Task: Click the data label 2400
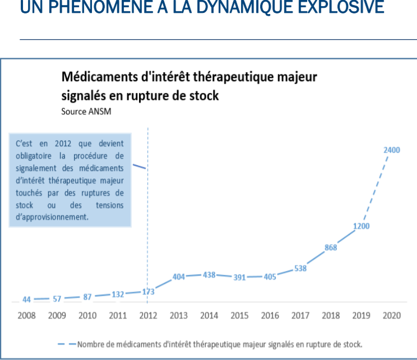pyautogui.click(x=392, y=150)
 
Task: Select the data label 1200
pyautogui.click(x=361, y=226)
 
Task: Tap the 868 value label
pyautogui.click(x=331, y=247)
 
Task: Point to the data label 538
pyautogui.click(x=300, y=268)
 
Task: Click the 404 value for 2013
pyautogui.click(x=179, y=277)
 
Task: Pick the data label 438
pyautogui.click(x=209, y=275)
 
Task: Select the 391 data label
pyautogui.click(x=239, y=278)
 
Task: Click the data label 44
pyautogui.click(x=26, y=299)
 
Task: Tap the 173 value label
pyautogui.click(x=148, y=292)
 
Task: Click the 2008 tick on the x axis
pyautogui.click(x=26, y=316)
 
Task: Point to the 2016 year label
pyautogui.click(x=270, y=316)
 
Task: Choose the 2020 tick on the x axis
pyautogui.click(x=391, y=316)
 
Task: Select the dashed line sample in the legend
pyautogui.click(x=66, y=343)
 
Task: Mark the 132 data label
pyautogui.click(x=118, y=294)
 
